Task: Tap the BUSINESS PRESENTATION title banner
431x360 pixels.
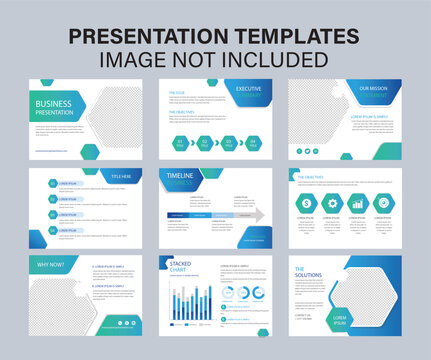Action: (x=62, y=106)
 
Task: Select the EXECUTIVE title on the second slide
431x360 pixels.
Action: (x=249, y=89)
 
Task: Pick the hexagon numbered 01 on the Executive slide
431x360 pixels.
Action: (x=180, y=142)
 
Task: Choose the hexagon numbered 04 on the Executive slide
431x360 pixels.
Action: (x=254, y=142)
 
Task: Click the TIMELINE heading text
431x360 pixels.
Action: (x=181, y=176)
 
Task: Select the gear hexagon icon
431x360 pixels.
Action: (x=331, y=204)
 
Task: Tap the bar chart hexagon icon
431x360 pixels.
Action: (x=358, y=204)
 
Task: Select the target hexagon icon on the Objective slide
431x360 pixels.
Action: (x=384, y=204)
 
